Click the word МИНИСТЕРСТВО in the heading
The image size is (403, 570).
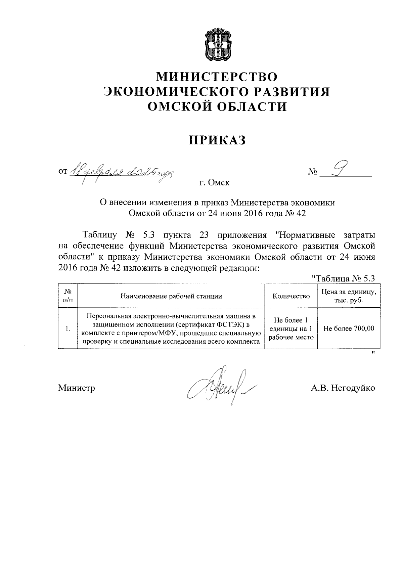tap(218, 77)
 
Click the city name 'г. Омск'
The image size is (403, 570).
tap(215, 183)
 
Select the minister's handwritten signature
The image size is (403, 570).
tap(220, 386)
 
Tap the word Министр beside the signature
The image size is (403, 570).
tap(77, 388)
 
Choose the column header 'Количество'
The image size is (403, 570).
tap(291, 296)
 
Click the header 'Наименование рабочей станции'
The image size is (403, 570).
tap(171, 296)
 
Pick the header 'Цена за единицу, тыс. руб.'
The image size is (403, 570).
tap(349, 296)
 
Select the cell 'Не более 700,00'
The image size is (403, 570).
tap(349, 328)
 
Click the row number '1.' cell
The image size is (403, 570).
tap(68, 328)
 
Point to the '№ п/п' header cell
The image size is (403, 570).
tap(68, 296)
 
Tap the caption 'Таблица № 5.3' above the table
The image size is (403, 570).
tap(343, 278)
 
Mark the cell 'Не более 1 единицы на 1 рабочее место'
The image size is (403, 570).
tap(291, 328)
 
